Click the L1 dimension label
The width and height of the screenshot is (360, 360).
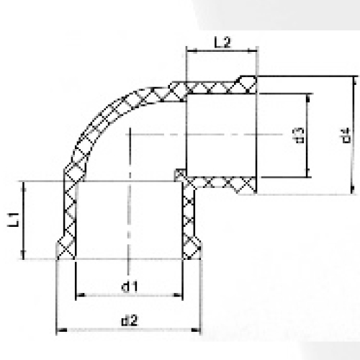tap(14, 220)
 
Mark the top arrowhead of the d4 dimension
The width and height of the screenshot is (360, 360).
tap(353, 78)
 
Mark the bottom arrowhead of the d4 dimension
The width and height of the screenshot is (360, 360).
tap(353, 190)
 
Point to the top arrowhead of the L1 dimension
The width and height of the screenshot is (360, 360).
tap(25, 185)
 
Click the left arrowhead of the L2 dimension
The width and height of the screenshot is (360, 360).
tap(189, 50)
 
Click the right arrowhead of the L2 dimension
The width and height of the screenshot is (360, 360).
tap(255, 50)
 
